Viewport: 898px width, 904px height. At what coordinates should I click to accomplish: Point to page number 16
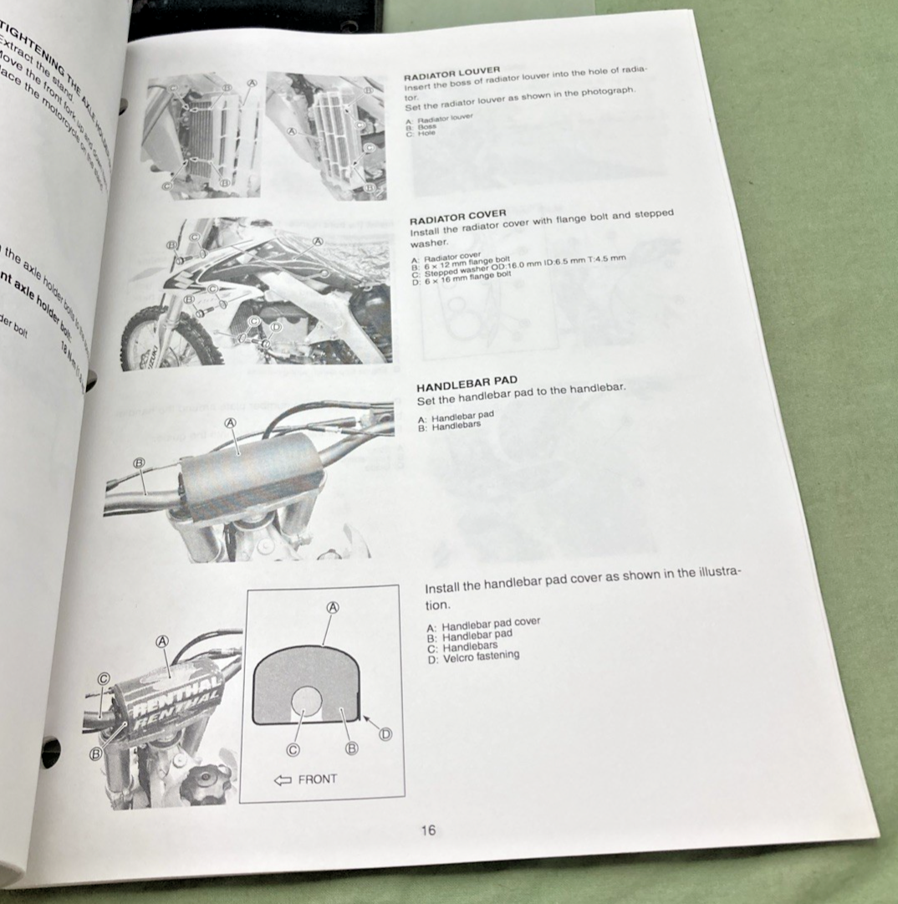click(428, 830)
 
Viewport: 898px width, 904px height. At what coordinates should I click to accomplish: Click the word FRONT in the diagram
click(318, 779)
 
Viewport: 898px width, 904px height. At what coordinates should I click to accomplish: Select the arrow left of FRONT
click(283, 779)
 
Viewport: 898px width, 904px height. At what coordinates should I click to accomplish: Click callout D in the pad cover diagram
click(385, 734)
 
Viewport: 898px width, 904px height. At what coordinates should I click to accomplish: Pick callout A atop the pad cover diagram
click(332, 608)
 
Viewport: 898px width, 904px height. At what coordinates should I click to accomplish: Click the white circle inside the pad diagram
click(306, 701)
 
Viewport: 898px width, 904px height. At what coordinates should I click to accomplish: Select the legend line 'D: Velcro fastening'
click(472, 657)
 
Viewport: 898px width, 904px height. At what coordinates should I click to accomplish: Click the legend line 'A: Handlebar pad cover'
click(482, 624)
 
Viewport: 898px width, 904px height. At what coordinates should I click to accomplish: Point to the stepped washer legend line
click(518, 267)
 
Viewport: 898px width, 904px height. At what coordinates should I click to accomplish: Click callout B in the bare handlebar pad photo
click(140, 462)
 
